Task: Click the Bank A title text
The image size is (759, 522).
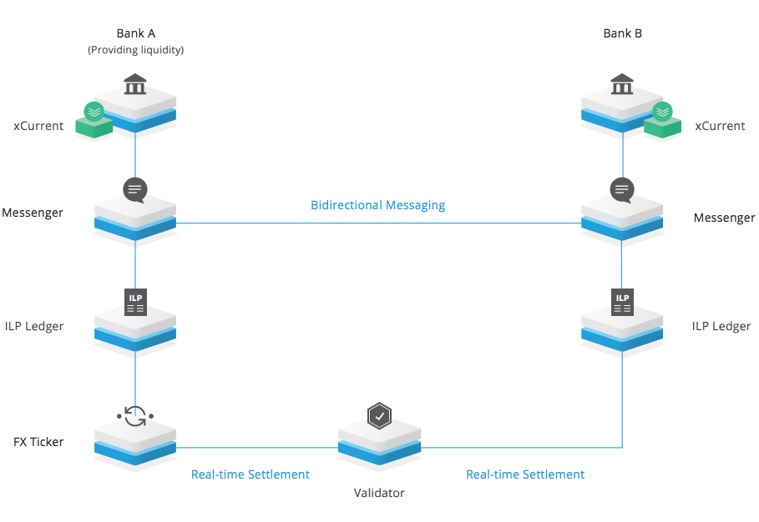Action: click(x=135, y=34)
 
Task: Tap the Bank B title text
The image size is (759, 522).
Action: click(x=622, y=34)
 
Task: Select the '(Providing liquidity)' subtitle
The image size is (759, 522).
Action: click(x=135, y=50)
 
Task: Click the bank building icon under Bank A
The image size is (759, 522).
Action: click(x=134, y=84)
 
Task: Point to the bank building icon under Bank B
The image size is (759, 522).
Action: click(x=622, y=84)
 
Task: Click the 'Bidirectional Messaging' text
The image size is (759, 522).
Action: click(x=377, y=205)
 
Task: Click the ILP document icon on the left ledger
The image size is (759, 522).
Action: click(x=135, y=302)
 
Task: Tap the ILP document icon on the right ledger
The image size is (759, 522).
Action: click(x=622, y=302)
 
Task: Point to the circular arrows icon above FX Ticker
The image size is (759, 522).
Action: click(x=135, y=414)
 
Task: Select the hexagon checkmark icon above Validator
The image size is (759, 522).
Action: click(x=379, y=414)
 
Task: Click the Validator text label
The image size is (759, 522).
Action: click(x=379, y=493)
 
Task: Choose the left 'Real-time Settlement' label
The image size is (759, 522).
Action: click(x=250, y=474)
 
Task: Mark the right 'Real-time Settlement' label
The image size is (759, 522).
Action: click(x=525, y=474)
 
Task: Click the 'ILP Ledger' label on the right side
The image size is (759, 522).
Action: click(x=721, y=326)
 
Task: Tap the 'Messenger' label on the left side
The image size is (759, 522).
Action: click(x=33, y=213)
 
